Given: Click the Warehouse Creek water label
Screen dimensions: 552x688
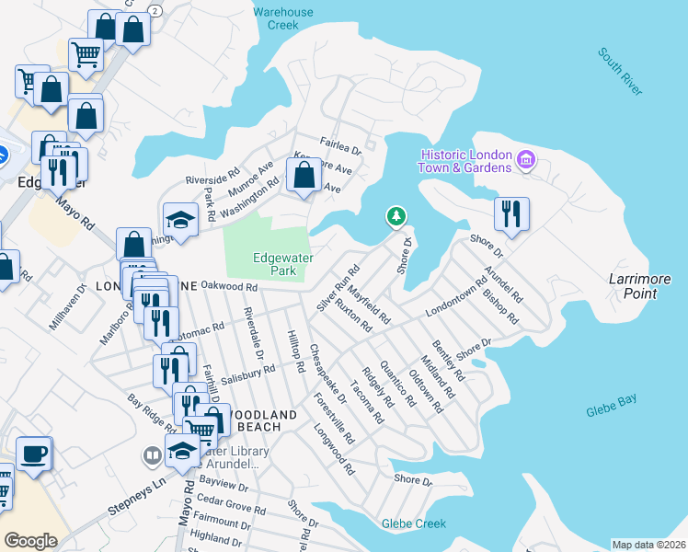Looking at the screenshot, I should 283,19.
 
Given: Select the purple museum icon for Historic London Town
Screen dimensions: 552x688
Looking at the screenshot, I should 526,161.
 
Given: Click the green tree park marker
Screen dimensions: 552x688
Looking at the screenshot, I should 396,217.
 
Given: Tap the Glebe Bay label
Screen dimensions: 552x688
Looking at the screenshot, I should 611,407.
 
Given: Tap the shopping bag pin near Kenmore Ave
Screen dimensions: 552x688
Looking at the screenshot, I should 304,174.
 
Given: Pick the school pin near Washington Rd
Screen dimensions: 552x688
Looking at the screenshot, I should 180,219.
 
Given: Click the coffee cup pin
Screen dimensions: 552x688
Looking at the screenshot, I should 34,453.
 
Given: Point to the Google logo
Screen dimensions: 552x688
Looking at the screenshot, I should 30,540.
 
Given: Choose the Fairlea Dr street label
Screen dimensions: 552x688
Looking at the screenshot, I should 341,144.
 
